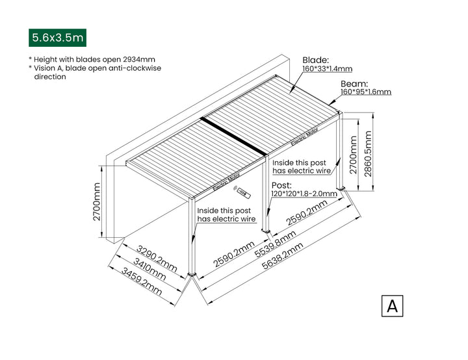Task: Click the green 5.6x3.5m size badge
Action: point(57,38)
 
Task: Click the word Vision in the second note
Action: point(46,68)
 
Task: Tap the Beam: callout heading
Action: point(354,84)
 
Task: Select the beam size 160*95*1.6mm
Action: point(366,92)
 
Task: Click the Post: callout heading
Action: point(281,185)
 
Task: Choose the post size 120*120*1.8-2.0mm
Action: point(304,194)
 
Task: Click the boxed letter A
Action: point(392,305)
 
